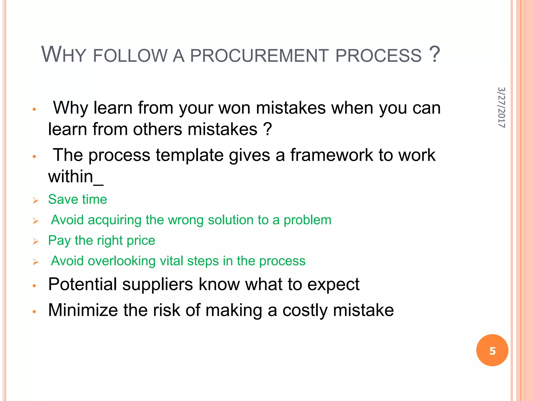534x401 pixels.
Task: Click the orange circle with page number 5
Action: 492,350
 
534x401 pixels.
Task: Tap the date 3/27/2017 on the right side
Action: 501,107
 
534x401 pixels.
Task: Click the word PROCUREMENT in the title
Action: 259,56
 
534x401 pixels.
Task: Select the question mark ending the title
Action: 434,54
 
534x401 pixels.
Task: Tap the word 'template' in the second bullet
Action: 190,155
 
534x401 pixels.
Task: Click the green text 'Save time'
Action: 77,199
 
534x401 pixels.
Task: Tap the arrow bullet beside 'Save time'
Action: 36,200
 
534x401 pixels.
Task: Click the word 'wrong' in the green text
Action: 185,220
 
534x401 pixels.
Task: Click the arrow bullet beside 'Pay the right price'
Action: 36,241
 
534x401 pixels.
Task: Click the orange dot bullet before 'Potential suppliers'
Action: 34,286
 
